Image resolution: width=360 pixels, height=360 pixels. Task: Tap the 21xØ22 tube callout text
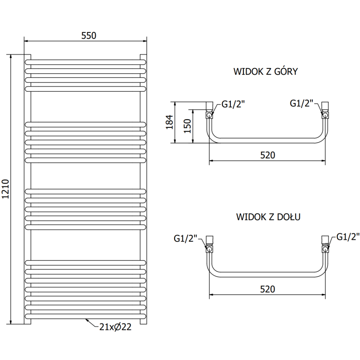point(116,327)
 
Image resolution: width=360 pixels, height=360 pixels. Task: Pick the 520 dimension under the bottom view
point(268,288)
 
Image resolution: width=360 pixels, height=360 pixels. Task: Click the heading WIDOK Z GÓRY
point(265,72)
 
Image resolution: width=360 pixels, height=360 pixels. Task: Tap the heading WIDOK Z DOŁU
point(268,217)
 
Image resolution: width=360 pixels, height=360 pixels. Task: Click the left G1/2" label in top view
point(233,105)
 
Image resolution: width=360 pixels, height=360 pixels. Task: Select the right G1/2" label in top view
point(301,103)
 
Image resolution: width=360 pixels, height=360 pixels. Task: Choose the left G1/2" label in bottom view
point(185,238)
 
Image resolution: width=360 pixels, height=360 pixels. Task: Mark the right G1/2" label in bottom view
point(347,237)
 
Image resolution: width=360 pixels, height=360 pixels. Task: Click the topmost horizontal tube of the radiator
point(85,60)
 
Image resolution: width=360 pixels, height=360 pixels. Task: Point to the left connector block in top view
point(209,106)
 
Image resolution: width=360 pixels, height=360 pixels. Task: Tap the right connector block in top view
point(326,106)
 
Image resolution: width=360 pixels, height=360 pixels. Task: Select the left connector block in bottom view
point(210,239)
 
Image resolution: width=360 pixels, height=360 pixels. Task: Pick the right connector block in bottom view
point(325,239)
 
